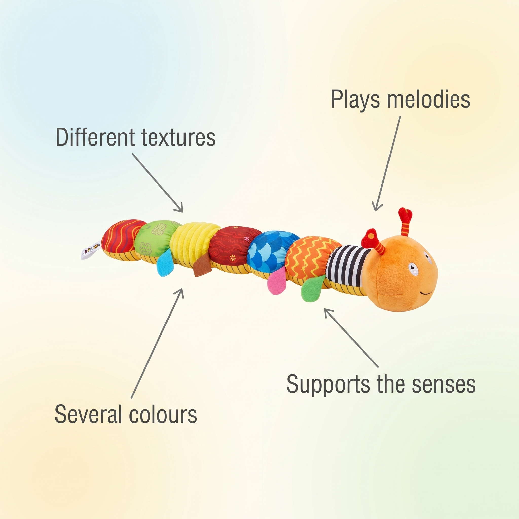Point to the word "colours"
(163, 415)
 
